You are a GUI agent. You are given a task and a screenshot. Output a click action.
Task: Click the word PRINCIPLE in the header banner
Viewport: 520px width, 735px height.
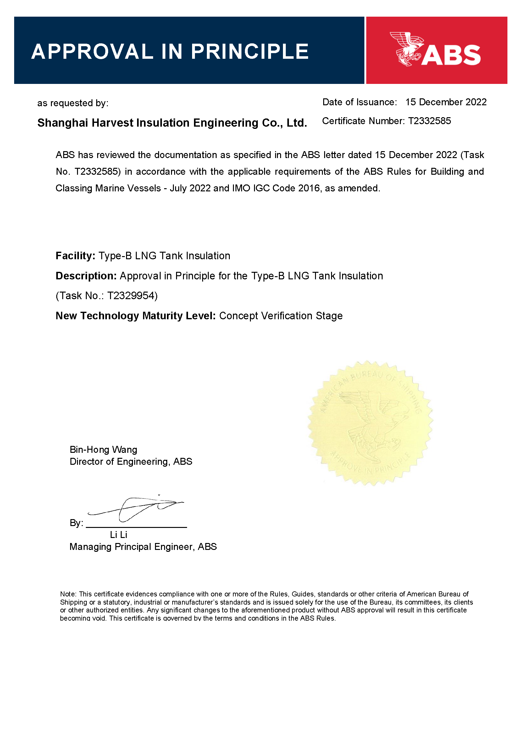coord(250,52)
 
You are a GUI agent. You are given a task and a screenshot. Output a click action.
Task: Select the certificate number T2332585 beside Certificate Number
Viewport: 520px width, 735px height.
coord(429,121)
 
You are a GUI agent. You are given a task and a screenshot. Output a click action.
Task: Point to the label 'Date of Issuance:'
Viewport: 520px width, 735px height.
coord(359,102)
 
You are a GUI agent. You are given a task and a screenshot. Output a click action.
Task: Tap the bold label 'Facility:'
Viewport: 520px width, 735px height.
coord(75,256)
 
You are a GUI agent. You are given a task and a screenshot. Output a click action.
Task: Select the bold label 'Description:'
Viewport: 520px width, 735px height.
coord(86,276)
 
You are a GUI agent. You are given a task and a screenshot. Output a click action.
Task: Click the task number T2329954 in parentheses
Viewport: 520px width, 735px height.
coord(131,296)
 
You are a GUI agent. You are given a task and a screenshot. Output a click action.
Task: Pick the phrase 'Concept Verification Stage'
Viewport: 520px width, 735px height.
coord(280,316)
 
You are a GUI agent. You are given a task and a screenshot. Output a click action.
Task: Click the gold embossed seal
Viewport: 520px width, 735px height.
coord(370,423)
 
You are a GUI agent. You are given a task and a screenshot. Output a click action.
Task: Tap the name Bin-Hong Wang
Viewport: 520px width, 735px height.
coord(103,450)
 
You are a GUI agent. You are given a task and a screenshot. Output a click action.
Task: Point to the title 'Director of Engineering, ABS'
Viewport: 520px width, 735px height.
coord(131,462)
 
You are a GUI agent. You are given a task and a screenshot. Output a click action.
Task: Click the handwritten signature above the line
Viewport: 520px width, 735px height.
coord(136,508)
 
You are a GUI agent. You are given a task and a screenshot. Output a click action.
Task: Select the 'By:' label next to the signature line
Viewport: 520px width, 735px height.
coord(76,523)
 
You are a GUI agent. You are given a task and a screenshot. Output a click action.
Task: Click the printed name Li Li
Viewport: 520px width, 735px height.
coord(119,535)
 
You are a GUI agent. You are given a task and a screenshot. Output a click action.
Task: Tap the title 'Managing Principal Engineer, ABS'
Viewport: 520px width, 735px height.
coord(143,547)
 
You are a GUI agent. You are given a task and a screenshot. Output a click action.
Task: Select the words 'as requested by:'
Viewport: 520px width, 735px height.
coord(73,103)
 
